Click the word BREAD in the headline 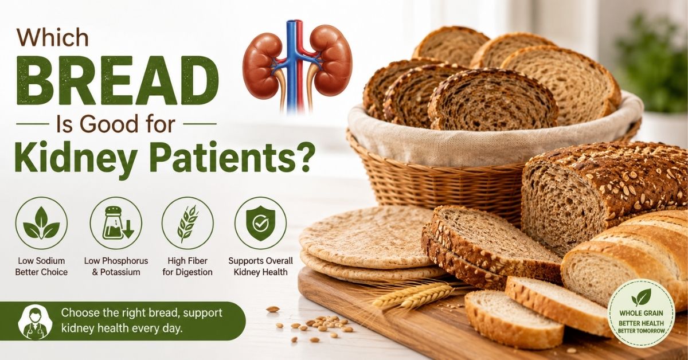pos(117,81)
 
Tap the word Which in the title pos(53,38)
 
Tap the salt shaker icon pos(116,223)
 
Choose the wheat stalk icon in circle pos(187,223)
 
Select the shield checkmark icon pos(260,223)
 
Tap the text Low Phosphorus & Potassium pos(116,267)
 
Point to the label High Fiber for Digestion pos(187,267)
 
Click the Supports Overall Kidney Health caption pos(260,267)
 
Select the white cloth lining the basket pos(491,135)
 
